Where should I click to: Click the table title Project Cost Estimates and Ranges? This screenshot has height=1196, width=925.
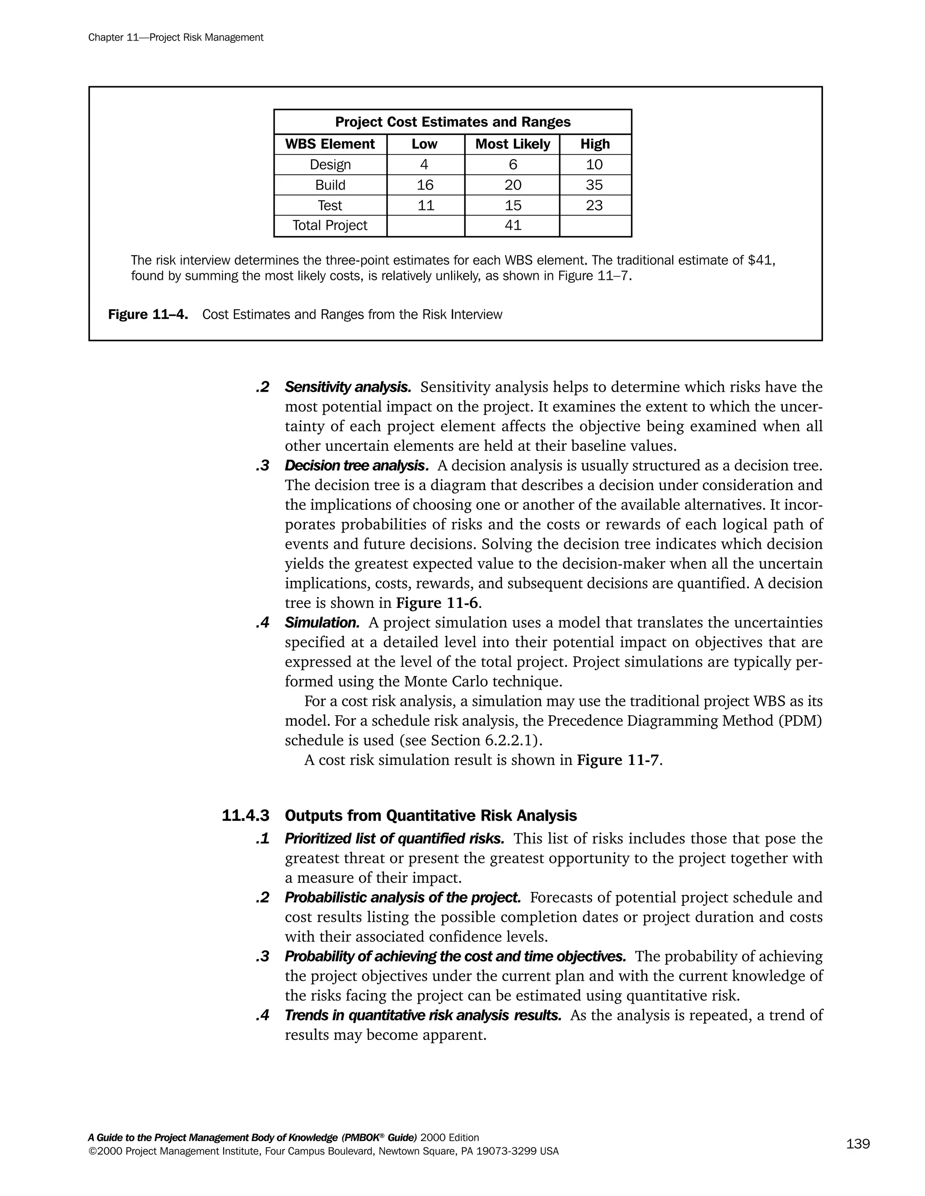tap(453, 122)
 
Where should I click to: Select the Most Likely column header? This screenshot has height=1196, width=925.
tap(512, 144)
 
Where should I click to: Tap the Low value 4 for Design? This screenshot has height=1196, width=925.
tap(424, 165)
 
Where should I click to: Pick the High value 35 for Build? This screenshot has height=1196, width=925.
tap(594, 185)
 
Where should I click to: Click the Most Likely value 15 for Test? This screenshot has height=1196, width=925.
tap(512, 205)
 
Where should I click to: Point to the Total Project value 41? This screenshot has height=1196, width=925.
tap(512, 225)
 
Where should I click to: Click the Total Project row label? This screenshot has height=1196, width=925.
tap(330, 225)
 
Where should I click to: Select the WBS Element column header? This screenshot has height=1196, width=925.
tap(330, 144)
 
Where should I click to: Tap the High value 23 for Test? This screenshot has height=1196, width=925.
tap(594, 205)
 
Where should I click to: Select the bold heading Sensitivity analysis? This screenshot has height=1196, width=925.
tap(348, 387)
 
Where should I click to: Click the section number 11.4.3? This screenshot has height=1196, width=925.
tap(246, 816)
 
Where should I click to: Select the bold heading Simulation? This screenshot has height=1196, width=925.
tap(322, 623)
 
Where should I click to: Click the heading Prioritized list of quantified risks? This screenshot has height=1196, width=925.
tap(394, 839)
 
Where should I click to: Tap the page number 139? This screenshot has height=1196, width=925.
tap(858, 1144)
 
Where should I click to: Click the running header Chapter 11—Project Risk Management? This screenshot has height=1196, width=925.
tap(175, 37)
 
